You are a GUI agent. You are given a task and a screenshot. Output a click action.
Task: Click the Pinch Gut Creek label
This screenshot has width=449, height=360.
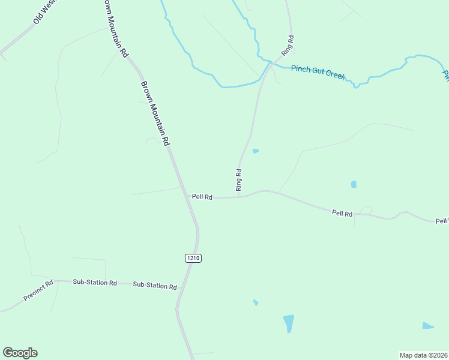click(318, 72)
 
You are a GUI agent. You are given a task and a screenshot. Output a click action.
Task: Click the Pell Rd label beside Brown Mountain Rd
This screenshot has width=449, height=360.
click(202, 197)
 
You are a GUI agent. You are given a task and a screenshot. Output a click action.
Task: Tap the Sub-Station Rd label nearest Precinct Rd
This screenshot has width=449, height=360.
click(95, 282)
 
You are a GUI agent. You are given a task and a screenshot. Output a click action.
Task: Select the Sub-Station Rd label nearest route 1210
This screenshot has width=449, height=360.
click(155, 286)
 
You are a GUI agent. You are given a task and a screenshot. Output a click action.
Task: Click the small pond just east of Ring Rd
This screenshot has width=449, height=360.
click(256, 151)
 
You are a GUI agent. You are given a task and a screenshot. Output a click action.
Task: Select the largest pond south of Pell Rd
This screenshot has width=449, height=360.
click(289, 323)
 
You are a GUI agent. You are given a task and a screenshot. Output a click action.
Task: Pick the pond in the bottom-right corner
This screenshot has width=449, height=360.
click(427, 326)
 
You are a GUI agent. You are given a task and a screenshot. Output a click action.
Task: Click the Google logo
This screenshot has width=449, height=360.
click(20, 353)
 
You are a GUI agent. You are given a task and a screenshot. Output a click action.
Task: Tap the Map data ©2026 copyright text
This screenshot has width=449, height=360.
click(423, 355)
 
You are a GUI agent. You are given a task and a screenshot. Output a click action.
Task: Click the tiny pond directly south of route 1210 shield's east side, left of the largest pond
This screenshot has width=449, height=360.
click(256, 302)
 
